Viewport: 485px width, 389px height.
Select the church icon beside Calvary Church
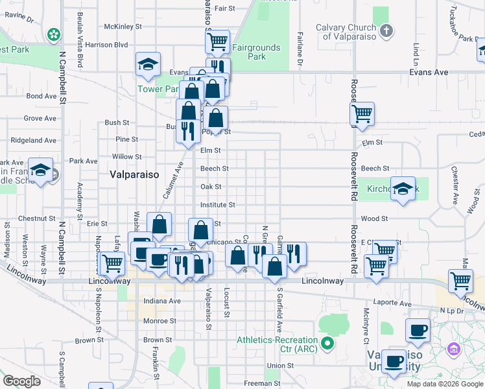[386, 30]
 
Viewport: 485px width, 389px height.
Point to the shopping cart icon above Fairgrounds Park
[218, 42]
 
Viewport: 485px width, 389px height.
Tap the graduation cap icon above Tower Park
[148, 64]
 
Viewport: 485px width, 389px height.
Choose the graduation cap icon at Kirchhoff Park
[403, 189]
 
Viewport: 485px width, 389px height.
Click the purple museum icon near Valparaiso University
[453, 350]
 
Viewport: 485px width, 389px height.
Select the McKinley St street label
[123, 27]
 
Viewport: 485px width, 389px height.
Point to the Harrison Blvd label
[106, 45]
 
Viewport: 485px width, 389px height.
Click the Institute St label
[217, 204]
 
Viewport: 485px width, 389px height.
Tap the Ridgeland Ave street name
[31, 140]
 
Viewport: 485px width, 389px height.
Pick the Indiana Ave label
[161, 301]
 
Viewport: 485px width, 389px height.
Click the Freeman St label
[262, 383]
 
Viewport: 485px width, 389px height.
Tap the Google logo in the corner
[21, 381]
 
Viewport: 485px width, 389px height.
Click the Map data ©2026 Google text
[444, 384]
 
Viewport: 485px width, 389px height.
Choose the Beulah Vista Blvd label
[80, 40]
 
